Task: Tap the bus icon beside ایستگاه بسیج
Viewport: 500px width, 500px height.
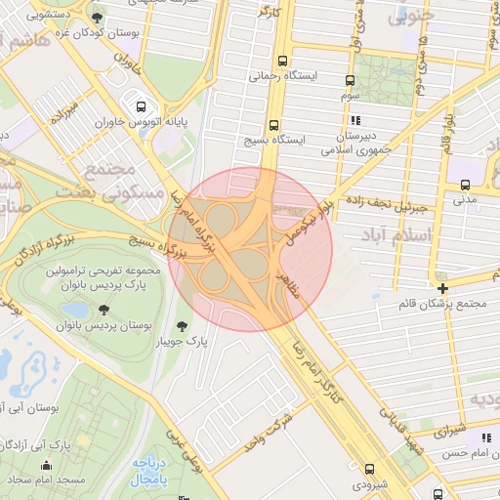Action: click(x=272, y=125)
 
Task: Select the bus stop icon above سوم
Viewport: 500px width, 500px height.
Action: click(x=350, y=80)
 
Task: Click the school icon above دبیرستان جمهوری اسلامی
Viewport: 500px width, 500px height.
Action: click(x=353, y=120)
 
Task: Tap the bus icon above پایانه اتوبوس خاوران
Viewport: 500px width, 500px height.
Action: click(x=142, y=106)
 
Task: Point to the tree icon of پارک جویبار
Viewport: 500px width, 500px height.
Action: click(x=181, y=326)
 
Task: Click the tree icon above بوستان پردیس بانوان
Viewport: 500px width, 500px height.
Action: click(x=104, y=310)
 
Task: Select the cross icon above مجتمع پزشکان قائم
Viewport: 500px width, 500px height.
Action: click(x=442, y=288)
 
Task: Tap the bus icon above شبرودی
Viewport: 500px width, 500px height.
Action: click(x=368, y=469)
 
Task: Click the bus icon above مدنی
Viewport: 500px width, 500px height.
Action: click(x=466, y=184)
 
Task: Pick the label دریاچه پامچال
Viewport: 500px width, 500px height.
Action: click(x=150, y=472)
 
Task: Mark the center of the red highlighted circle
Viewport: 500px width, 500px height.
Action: click(x=251, y=249)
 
